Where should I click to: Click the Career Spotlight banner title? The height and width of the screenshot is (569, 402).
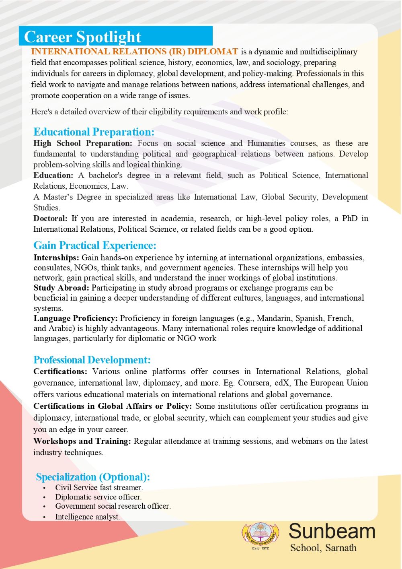point(82,37)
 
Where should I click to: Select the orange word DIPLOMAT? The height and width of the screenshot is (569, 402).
point(213,52)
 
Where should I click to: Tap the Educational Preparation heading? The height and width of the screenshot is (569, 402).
point(94,132)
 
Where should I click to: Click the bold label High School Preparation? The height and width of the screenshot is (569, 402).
point(82,143)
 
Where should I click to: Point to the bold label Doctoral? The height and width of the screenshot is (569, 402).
point(50,219)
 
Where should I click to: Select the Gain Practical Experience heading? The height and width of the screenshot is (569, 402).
point(94,245)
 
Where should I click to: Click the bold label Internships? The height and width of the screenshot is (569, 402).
point(56,258)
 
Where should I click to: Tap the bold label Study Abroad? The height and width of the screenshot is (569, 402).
point(61,288)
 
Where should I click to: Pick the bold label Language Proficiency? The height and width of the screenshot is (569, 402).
point(76,318)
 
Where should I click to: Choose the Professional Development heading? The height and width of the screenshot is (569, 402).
point(92,360)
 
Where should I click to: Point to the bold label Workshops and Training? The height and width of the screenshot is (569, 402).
point(82,441)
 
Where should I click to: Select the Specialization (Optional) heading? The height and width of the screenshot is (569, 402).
point(93,477)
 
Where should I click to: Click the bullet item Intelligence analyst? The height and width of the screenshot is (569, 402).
point(88,517)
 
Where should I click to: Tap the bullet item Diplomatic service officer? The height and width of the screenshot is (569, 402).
point(98,497)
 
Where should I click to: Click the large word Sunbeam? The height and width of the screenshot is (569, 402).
point(332,531)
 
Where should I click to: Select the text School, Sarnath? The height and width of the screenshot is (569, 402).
point(323,548)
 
